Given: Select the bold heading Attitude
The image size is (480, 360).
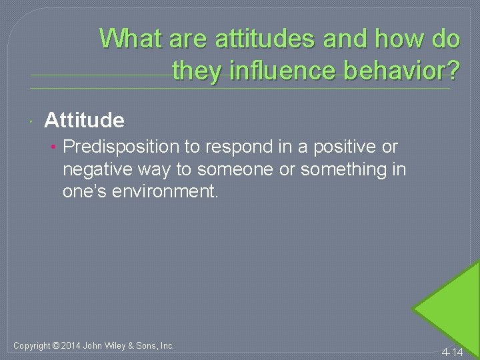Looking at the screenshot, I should coord(84,120).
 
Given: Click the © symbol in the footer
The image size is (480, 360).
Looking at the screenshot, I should coord(55,345).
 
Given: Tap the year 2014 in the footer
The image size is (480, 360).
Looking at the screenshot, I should coord(71,345).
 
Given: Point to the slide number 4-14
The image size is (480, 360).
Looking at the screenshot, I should coord(452,351).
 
